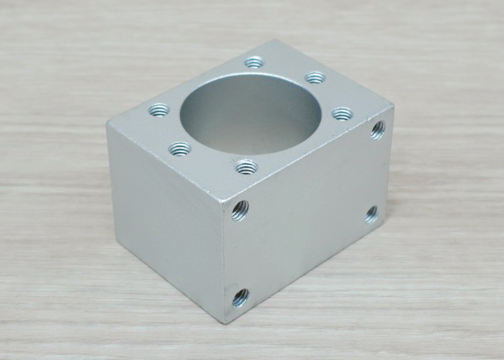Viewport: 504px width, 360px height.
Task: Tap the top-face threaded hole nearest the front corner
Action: point(246,167)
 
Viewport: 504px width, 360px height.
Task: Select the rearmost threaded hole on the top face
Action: point(253,63)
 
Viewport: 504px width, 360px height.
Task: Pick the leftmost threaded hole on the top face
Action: point(158,110)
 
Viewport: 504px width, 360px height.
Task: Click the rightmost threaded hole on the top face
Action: point(342,113)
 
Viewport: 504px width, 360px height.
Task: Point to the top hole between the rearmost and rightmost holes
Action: point(315,77)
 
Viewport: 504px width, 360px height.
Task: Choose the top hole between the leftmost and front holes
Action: point(179,149)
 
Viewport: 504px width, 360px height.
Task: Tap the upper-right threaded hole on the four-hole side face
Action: point(377,130)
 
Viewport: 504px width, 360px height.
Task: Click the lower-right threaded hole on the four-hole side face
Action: point(372,213)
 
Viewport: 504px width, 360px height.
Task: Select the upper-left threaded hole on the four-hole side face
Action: point(240,210)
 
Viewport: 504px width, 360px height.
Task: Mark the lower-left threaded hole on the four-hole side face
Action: point(240,296)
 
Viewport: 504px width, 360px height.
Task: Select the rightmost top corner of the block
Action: point(392,109)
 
